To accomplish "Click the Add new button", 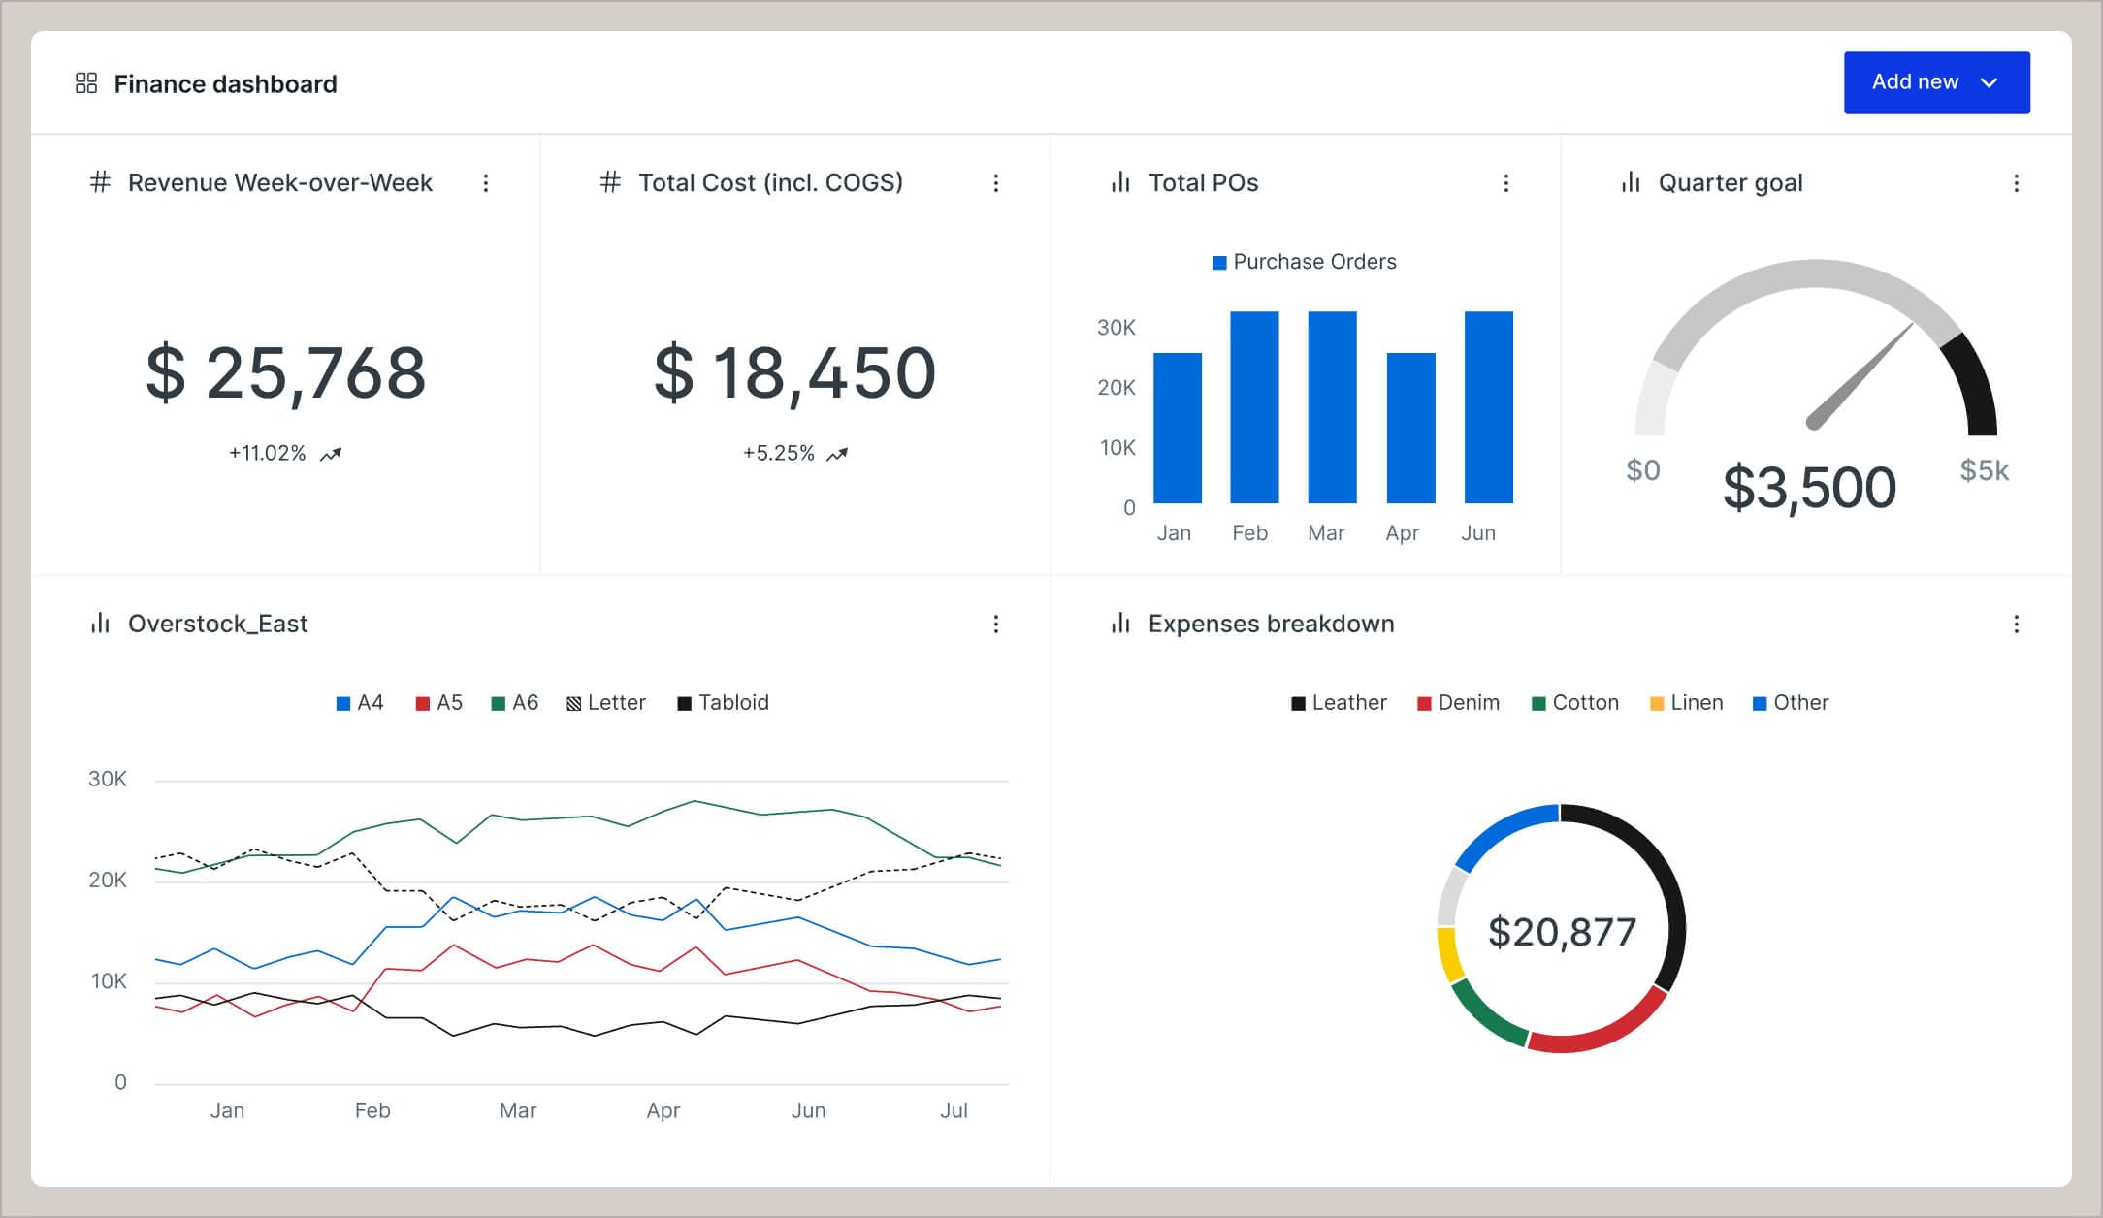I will [1935, 82].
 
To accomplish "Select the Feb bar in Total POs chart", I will [1254, 407].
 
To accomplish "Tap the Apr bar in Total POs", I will [1410, 428].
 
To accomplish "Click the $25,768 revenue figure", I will [286, 373].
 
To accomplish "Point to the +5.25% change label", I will [779, 454].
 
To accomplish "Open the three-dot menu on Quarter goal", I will [2016, 183].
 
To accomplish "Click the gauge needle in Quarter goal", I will [1860, 376].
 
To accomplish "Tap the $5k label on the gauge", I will [1984, 470].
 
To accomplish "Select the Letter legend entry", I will [606, 703].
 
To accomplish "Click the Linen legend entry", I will [1687, 703].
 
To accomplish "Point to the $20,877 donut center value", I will [1562, 932].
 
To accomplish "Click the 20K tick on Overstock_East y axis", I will [108, 881].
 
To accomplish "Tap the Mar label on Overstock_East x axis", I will [517, 1110].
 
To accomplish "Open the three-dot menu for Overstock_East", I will [995, 625].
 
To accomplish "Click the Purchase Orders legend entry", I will [1305, 262].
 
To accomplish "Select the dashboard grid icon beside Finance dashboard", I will [86, 83].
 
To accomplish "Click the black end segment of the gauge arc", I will [1974, 383].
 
